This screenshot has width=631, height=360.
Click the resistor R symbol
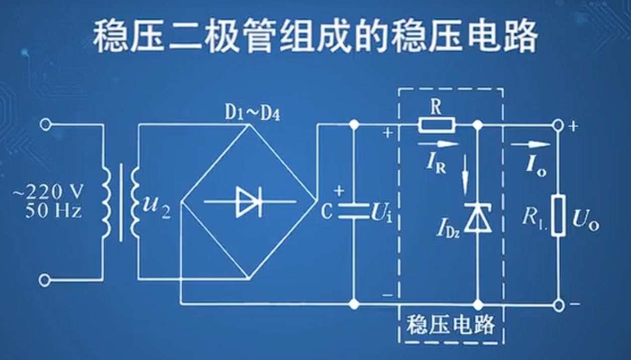click(436, 124)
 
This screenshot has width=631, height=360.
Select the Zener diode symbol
click(477, 218)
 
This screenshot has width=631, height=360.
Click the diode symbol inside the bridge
click(249, 201)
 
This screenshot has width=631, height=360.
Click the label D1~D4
click(252, 114)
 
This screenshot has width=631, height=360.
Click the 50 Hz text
click(53, 210)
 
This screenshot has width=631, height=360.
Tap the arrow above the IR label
click(439, 143)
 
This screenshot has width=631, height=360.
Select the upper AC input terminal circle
click(45, 124)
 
